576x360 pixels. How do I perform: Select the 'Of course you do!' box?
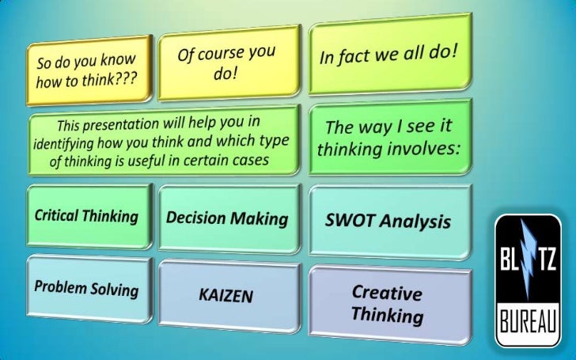(x=229, y=63)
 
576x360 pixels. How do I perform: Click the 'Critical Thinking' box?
(x=87, y=215)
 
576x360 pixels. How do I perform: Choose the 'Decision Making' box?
(x=228, y=218)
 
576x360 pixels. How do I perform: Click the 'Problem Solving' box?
(x=87, y=286)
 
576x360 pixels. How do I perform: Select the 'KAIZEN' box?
(x=228, y=296)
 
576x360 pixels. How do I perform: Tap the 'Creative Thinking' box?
(x=388, y=304)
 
